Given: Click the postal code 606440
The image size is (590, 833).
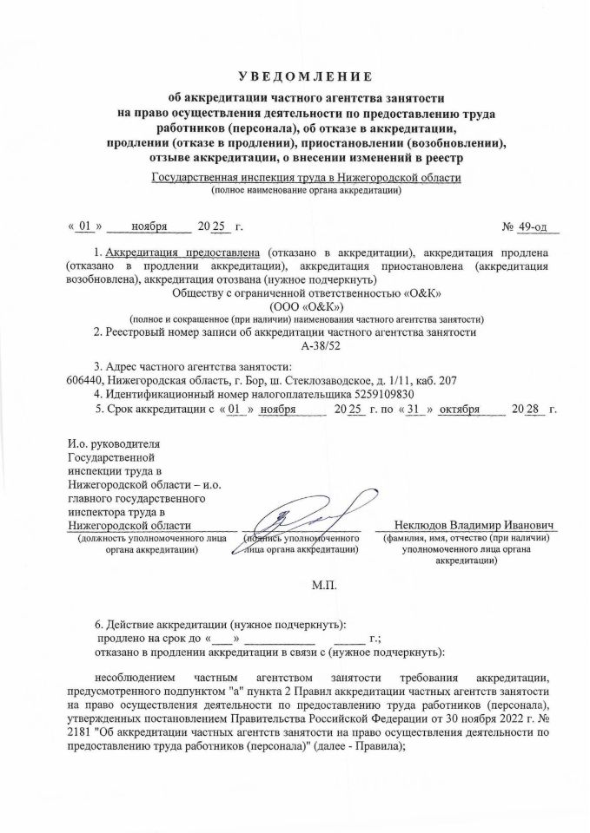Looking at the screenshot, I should pyautogui.click(x=85, y=380).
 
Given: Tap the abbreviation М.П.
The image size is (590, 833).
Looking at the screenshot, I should pyautogui.click(x=323, y=585).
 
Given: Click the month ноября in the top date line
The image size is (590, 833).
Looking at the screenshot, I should pyautogui.click(x=149, y=226).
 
